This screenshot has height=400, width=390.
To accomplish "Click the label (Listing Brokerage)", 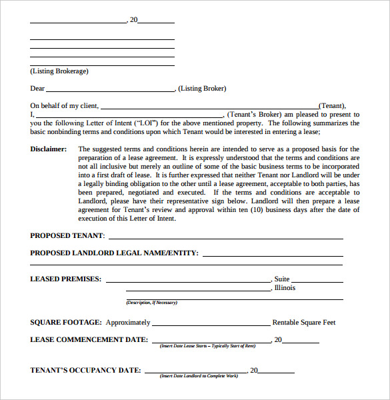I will pyautogui.click(x=59, y=71).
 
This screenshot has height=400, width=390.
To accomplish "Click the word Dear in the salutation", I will pyautogui.click(x=37, y=89).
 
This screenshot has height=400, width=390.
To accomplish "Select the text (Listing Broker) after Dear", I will pyautogui.click(x=203, y=89).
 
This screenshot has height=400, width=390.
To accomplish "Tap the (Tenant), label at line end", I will pyautogui.click(x=333, y=105).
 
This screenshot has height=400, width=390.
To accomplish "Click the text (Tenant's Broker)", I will pyautogui.click(x=252, y=114).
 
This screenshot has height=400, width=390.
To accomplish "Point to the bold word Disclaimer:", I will pyautogui.click(x=49, y=149).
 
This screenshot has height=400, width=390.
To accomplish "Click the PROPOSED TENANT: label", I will pyautogui.click(x=67, y=235).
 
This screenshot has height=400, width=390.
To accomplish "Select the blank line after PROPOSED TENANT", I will pyautogui.click(x=226, y=237).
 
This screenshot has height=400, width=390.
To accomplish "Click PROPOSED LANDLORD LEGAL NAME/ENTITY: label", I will pyautogui.click(x=114, y=253).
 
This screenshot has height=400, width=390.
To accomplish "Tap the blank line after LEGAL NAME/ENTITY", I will pyautogui.click(x=273, y=255).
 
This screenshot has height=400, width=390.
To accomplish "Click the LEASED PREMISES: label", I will pyautogui.click(x=66, y=279).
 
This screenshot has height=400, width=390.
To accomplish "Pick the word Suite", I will pyautogui.click(x=282, y=279).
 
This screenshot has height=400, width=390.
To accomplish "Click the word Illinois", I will pyautogui.click(x=285, y=288).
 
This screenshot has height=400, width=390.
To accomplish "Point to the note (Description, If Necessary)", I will pyautogui.click(x=152, y=303).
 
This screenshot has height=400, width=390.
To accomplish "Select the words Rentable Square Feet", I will pyautogui.click(x=304, y=323).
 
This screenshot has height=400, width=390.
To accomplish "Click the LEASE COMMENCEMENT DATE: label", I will pyautogui.click(x=89, y=339).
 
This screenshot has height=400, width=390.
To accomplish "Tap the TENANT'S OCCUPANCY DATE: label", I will pyautogui.click(x=85, y=370).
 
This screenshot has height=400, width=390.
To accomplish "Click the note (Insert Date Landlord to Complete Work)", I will pyautogui.click(x=199, y=377).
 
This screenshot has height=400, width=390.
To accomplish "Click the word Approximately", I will pyautogui.click(x=128, y=323).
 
